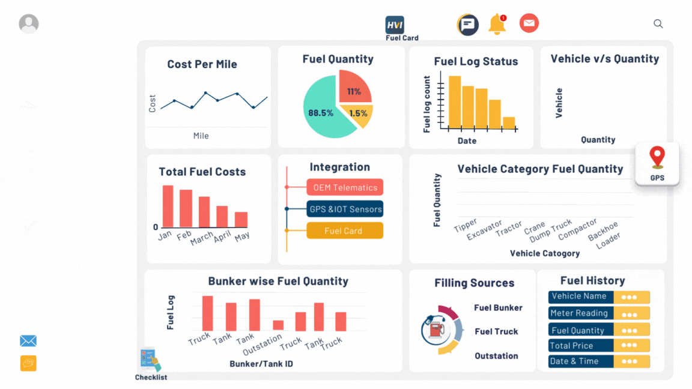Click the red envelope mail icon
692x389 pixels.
(x=529, y=23)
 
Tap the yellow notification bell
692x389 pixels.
(x=497, y=25)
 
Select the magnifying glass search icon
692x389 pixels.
(x=658, y=24)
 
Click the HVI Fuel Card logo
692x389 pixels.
(x=395, y=25)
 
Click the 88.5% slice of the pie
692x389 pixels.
(x=320, y=112)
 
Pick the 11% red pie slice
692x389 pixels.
(x=354, y=88)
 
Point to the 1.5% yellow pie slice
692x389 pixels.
(x=359, y=115)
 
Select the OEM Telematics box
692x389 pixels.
(x=345, y=187)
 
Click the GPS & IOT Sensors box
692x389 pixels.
(x=345, y=210)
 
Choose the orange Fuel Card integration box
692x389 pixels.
(x=345, y=231)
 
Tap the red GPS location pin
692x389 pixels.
(x=657, y=157)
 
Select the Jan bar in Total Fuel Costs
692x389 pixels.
(x=168, y=206)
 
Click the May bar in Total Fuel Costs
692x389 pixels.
(x=241, y=219)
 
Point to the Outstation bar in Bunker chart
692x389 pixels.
(x=278, y=325)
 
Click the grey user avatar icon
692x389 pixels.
(x=29, y=24)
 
